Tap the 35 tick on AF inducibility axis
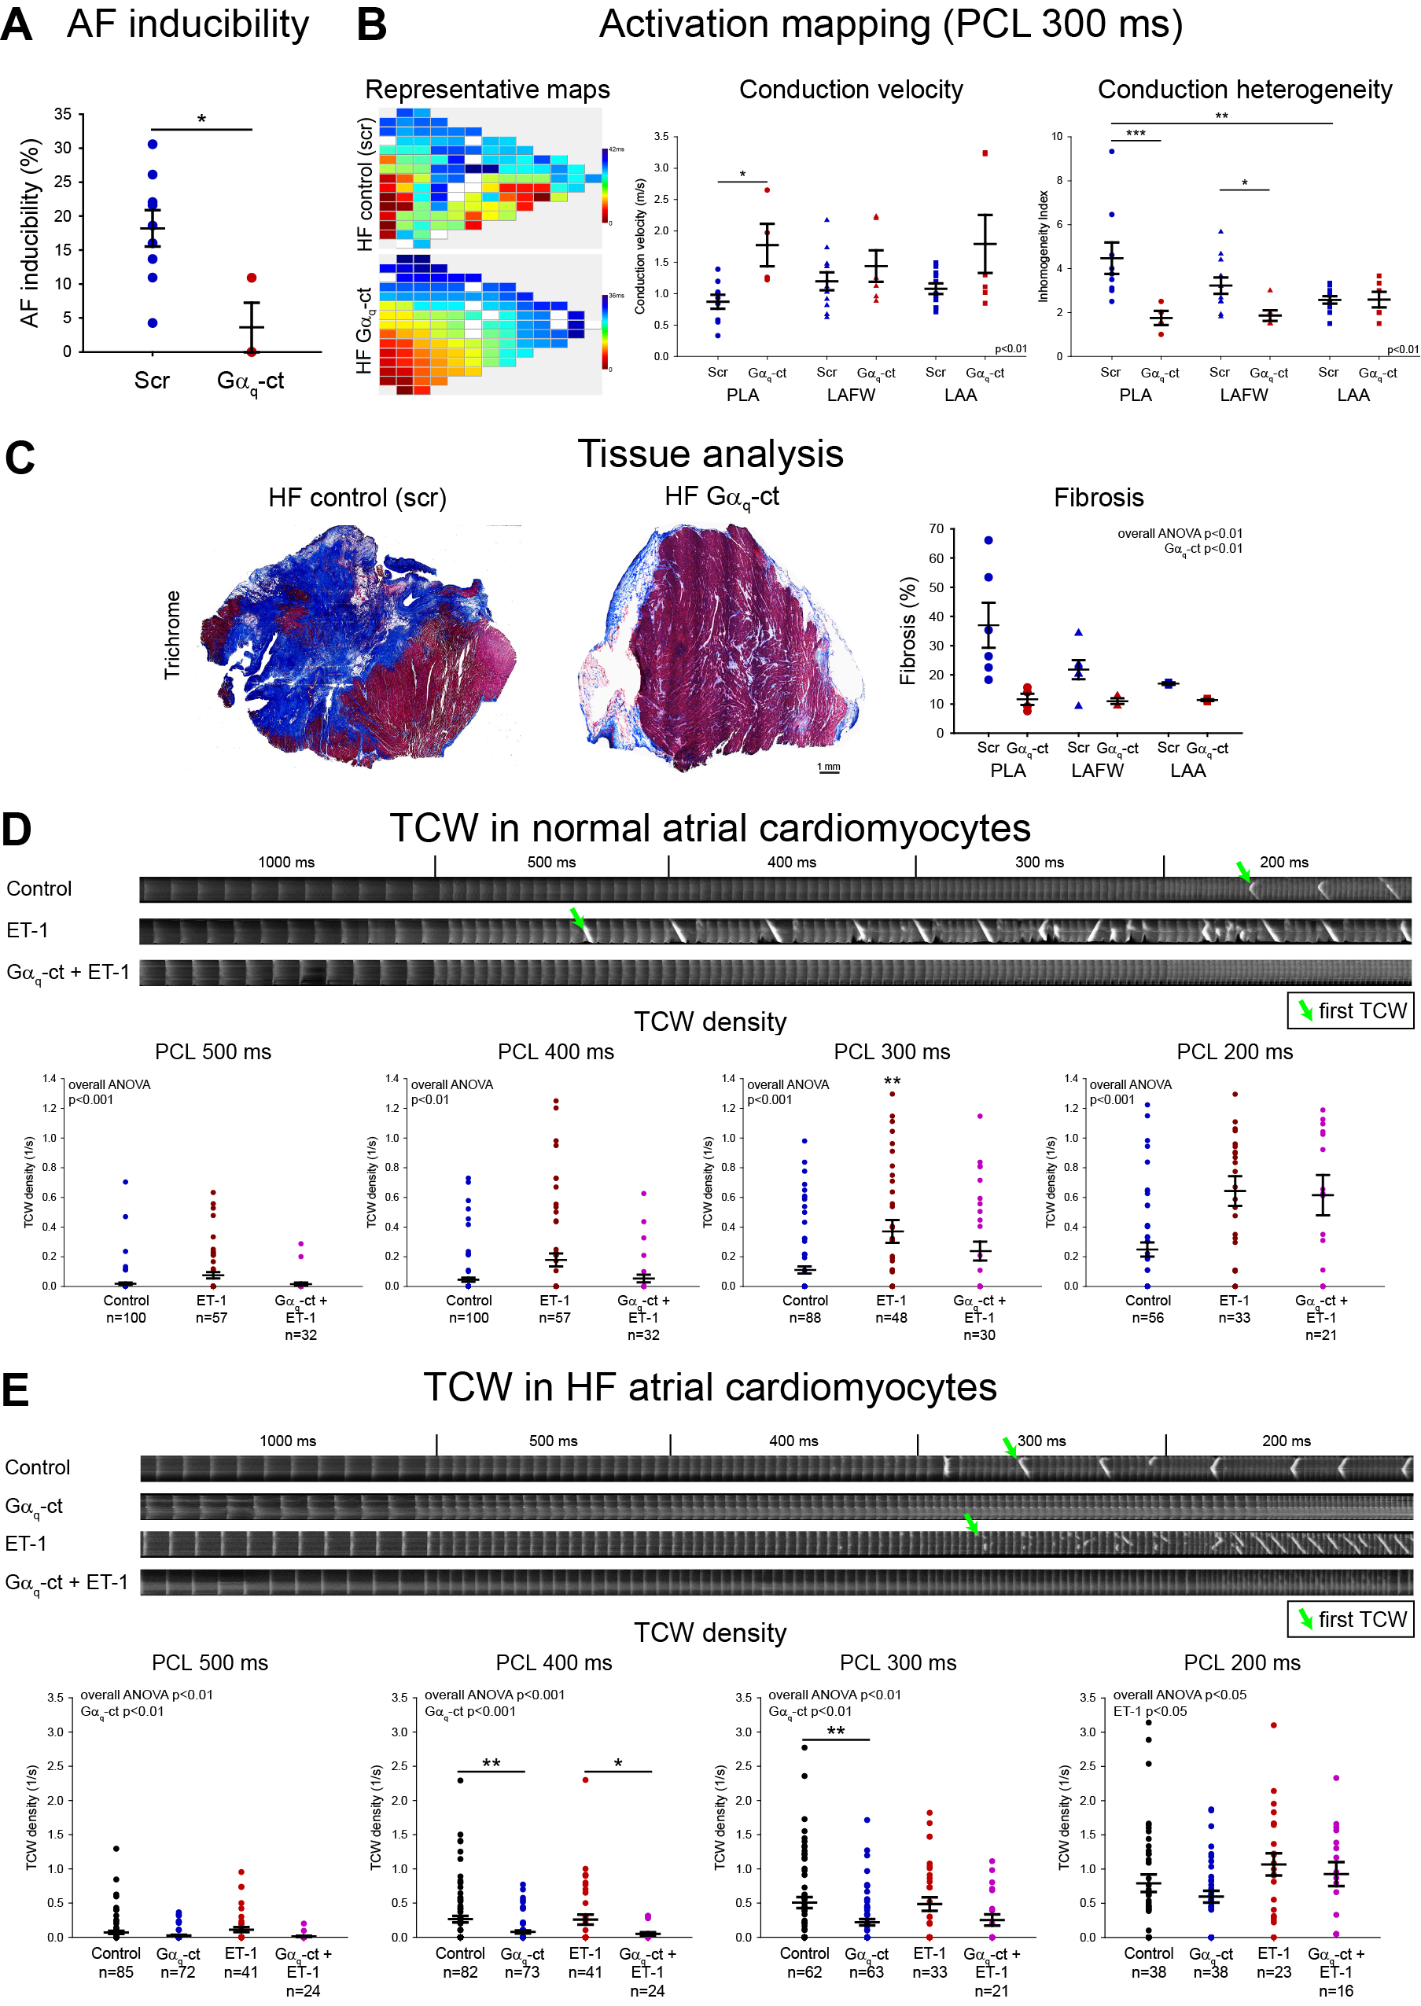tap(63, 114)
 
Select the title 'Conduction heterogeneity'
tap(1244, 89)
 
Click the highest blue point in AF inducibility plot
tap(153, 145)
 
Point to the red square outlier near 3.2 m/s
tap(985, 154)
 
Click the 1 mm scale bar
tap(829, 769)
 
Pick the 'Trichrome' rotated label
tap(172, 635)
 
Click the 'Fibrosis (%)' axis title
tap(908, 630)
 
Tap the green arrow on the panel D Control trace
tap(1243, 871)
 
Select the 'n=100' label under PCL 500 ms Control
tap(126, 1317)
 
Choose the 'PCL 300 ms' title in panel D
tap(892, 1051)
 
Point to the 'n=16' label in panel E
tap(1335, 1990)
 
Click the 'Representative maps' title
tap(488, 89)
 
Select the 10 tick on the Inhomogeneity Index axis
tap(1057, 137)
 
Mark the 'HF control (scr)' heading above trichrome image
tap(357, 498)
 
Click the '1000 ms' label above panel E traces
tap(288, 1441)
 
